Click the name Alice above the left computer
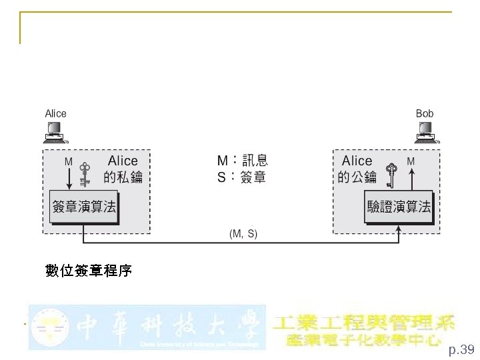55,113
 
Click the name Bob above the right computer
425,113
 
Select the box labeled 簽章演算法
84,207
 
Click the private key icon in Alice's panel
85,175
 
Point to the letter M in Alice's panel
68,161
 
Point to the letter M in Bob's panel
411,161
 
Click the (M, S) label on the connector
243,234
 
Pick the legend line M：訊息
243,161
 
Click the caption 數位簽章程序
89,271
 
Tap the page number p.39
461,349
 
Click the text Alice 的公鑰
357,169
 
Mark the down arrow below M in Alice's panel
69,178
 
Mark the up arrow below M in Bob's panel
411,177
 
